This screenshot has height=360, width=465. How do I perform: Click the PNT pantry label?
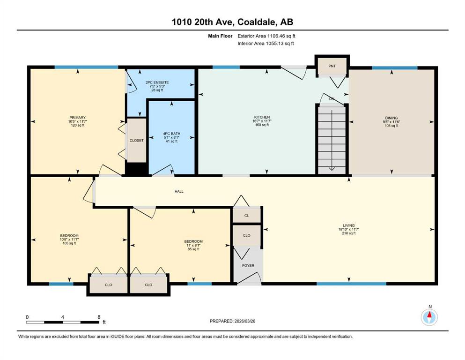click(332, 66)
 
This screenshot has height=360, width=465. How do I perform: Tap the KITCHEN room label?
click(262, 117)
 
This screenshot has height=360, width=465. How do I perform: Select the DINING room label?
click(391, 118)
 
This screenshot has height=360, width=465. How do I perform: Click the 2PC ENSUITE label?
click(157, 82)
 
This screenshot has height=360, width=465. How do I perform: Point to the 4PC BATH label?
click(172, 134)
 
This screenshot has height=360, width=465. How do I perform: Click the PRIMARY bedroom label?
click(77, 118)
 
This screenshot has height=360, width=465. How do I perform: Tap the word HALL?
click(179, 191)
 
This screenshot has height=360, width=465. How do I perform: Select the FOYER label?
click(248, 266)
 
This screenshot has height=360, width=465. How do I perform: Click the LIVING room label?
click(349, 225)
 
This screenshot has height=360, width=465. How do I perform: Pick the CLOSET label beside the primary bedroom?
click(136, 140)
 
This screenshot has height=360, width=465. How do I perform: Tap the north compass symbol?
click(429, 316)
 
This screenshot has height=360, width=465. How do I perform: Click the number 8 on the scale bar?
click(99, 317)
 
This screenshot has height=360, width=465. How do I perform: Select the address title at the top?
click(232, 22)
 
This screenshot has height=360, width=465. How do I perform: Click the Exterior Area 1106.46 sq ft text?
click(266, 36)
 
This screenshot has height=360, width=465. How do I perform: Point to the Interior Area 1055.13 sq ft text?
click(266, 43)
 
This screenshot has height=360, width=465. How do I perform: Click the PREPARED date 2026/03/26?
click(232, 321)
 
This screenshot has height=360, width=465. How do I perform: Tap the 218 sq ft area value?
click(349, 233)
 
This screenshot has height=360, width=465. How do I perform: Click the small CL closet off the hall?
click(247, 216)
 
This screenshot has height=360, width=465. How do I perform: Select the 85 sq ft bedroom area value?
click(193, 249)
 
